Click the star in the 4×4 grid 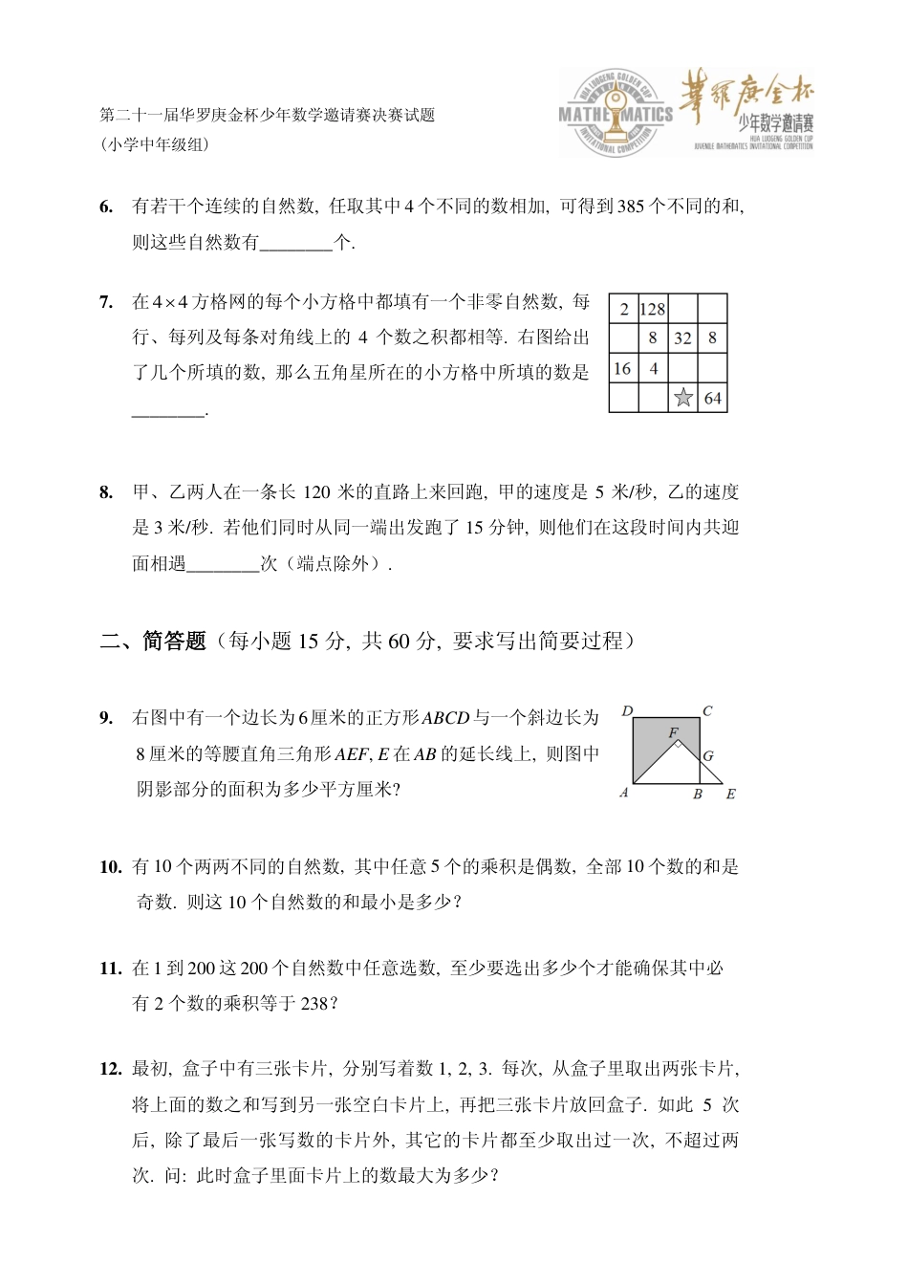click(x=682, y=398)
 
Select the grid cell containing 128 click(x=653, y=309)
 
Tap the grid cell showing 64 click(x=712, y=398)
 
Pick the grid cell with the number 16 click(x=623, y=368)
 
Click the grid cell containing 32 click(x=682, y=338)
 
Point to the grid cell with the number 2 click(x=623, y=309)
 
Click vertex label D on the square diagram click(x=627, y=711)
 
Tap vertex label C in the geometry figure click(x=707, y=711)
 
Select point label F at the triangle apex click(x=673, y=733)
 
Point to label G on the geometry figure click(x=708, y=756)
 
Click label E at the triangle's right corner click(x=731, y=795)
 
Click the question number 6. click(x=106, y=207)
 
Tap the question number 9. click(x=106, y=718)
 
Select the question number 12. click(x=110, y=1070)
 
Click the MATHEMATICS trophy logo click(x=616, y=114)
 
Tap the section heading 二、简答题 click(x=153, y=642)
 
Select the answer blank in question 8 click(x=223, y=564)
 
